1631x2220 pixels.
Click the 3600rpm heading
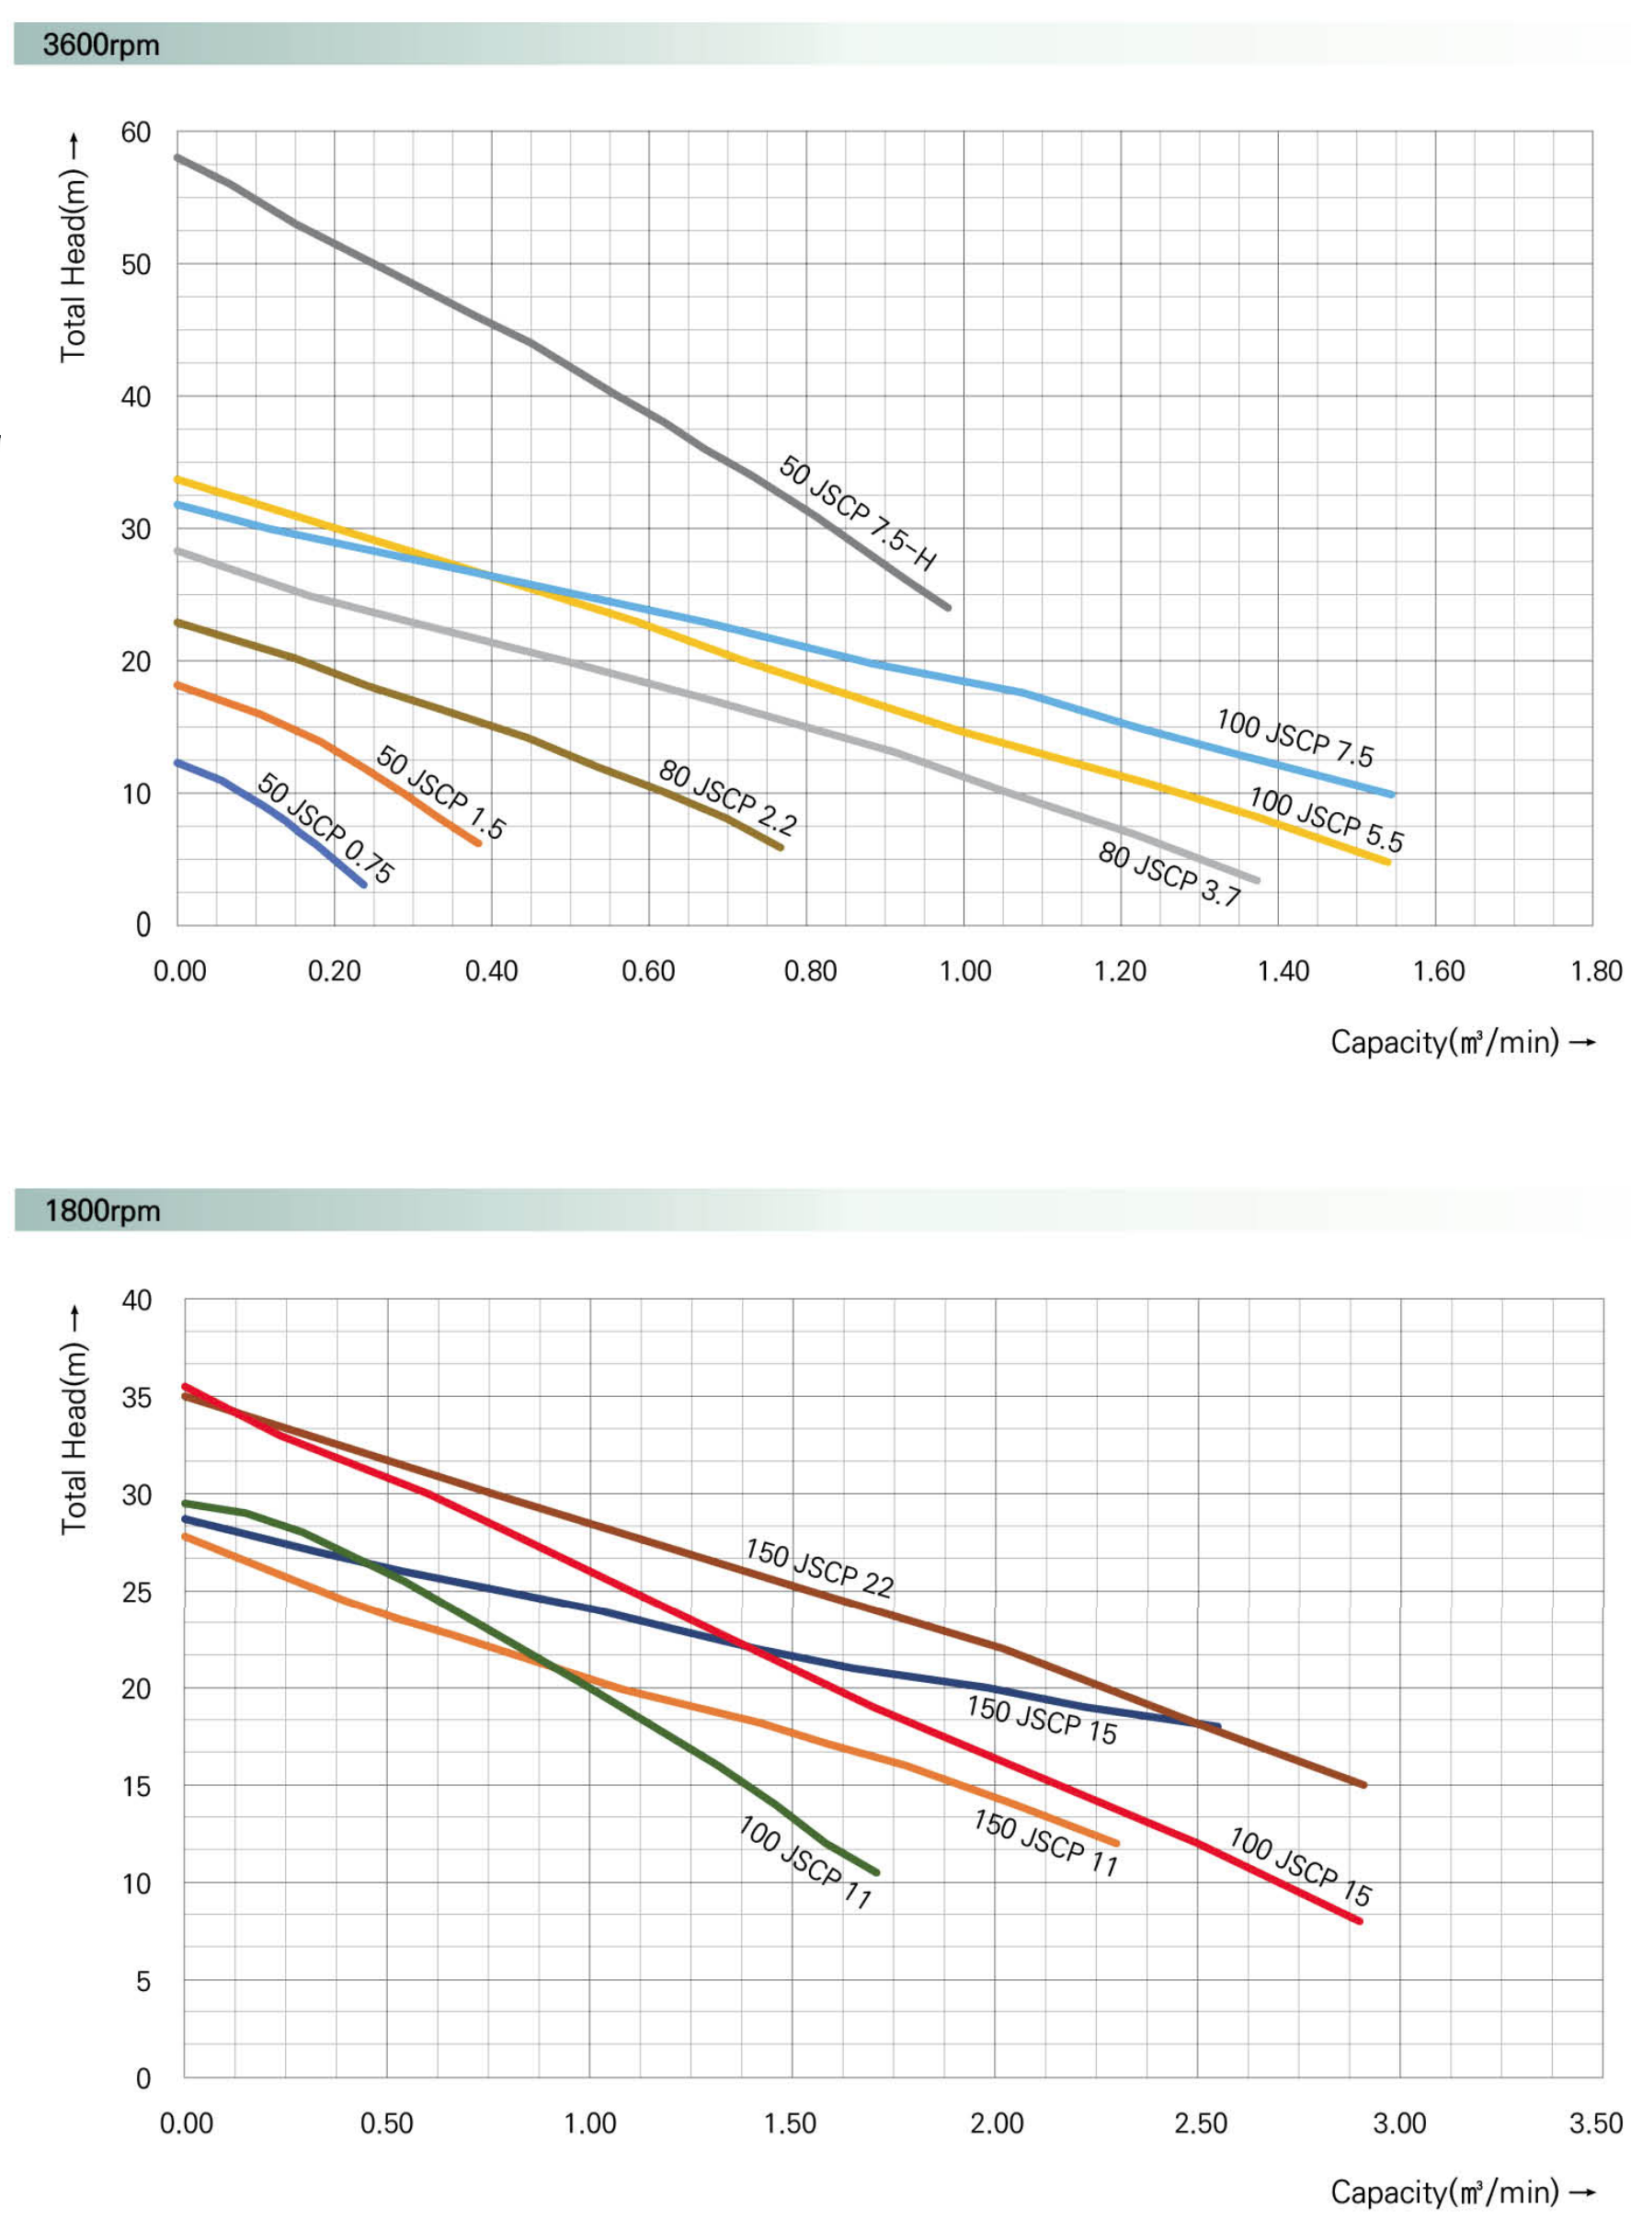coord(101,45)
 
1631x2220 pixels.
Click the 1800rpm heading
coord(102,1211)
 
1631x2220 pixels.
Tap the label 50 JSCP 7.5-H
coord(857,512)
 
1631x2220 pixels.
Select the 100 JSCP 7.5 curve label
coord(1295,738)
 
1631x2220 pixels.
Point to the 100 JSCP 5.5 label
coord(1326,818)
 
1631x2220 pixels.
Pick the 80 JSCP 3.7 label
coord(1170,873)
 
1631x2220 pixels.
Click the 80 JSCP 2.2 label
coord(727,797)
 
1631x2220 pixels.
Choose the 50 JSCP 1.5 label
coord(440,792)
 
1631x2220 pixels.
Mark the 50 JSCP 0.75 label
coord(325,828)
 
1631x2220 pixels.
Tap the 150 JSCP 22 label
coord(819,1567)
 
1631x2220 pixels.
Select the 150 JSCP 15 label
coord(1042,1720)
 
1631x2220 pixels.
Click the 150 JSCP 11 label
coord(1045,1842)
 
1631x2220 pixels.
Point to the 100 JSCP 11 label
coord(805,1861)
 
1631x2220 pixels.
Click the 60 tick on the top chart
coord(136,132)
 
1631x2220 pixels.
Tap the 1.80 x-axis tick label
coord(1595,972)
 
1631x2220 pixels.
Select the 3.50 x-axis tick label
coord(1595,2123)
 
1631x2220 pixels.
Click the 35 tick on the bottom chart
coord(137,1397)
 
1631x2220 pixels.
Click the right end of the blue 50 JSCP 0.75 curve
coord(363,884)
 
